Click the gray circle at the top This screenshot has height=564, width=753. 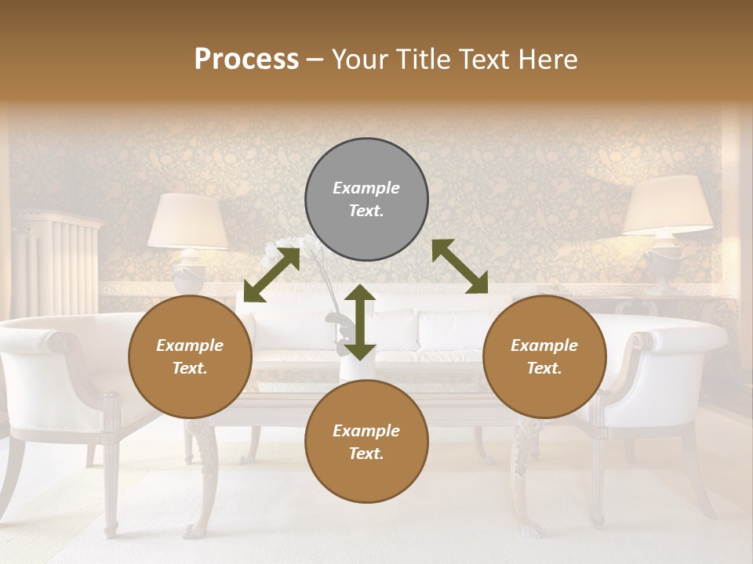click(366, 199)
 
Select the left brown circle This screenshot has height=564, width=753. click(190, 356)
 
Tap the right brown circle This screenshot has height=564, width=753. click(544, 356)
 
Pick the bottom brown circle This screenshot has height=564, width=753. click(366, 442)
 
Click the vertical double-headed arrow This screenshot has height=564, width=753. click(360, 322)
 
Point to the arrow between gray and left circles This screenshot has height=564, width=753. click(271, 275)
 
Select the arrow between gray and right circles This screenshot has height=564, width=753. click(460, 266)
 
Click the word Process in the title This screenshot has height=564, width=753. click(246, 60)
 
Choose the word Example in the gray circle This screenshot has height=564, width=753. click(366, 188)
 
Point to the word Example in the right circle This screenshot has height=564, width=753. click(544, 345)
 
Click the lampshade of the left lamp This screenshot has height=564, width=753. click(188, 221)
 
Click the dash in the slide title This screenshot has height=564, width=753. click(315, 60)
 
